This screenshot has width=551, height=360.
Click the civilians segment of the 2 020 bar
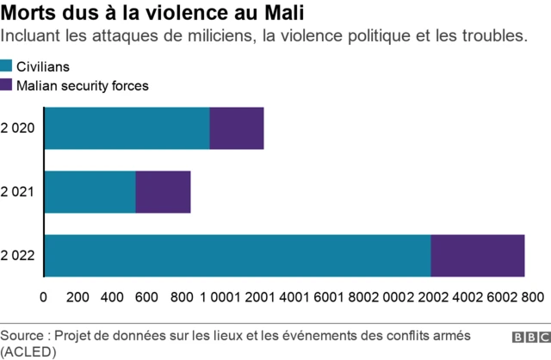click(x=127, y=128)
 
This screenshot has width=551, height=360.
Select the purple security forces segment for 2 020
click(x=237, y=128)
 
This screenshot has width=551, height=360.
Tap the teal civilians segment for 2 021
click(x=90, y=192)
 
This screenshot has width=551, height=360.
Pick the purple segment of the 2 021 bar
click(x=163, y=192)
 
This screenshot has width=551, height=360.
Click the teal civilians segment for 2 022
click(x=237, y=256)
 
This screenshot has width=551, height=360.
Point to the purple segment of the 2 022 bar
click(x=478, y=256)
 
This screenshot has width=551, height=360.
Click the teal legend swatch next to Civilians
click(x=6, y=66)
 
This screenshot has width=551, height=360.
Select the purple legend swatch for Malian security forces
click(x=6, y=85)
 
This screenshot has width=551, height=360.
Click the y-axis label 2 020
click(x=18, y=128)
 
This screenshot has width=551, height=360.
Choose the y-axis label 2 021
click(x=18, y=192)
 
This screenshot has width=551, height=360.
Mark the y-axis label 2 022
click(x=18, y=256)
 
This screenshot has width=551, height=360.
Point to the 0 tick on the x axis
click(x=44, y=297)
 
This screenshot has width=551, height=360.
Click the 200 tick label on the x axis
click(x=77, y=297)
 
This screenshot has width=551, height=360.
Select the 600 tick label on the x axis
click(x=146, y=297)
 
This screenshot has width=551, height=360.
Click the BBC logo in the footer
click(x=530, y=338)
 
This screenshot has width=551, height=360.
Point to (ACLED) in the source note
click(x=28, y=351)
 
